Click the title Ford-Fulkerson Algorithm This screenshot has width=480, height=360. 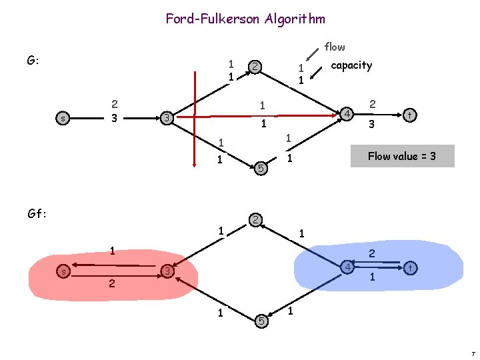(245, 19)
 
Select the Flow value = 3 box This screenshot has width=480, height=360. (402, 156)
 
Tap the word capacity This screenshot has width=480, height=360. (351, 65)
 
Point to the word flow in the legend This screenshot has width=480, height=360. (334, 47)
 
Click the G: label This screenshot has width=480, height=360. (35, 61)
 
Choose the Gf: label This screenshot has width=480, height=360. (37, 214)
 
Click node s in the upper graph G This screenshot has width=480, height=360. (63, 119)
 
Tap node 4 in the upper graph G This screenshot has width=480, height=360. (345, 114)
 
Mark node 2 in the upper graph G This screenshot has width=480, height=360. (255, 66)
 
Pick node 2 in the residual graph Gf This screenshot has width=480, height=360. (255, 219)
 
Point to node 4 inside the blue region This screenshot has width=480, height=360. (345, 267)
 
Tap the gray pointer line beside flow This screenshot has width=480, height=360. (311, 53)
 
